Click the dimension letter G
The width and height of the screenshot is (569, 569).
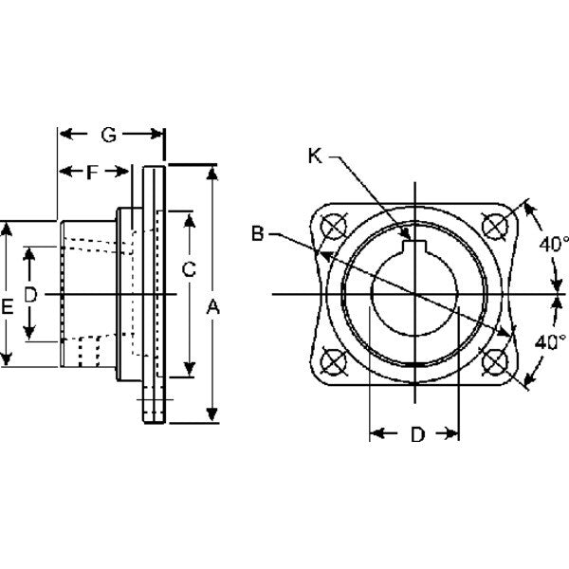coord(109,136)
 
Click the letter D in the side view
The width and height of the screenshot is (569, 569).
coord(29,296)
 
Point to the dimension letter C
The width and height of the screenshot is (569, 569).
coord(188,269)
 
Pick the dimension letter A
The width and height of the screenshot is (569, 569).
coord(213,306)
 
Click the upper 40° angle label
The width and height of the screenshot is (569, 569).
coord(553,244)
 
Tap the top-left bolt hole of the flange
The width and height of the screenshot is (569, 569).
coord(333,228)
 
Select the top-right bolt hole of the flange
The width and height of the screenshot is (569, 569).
coord(494,227)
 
